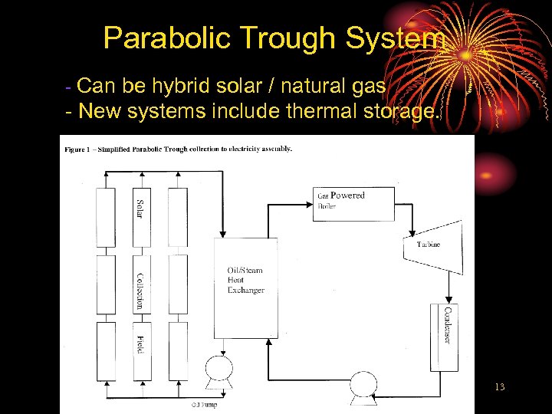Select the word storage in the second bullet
399,112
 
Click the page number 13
500,387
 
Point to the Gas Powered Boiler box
353,202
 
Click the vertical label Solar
140,209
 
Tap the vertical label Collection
140,291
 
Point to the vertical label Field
140,343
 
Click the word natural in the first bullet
315,85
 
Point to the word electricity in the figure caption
242,149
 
